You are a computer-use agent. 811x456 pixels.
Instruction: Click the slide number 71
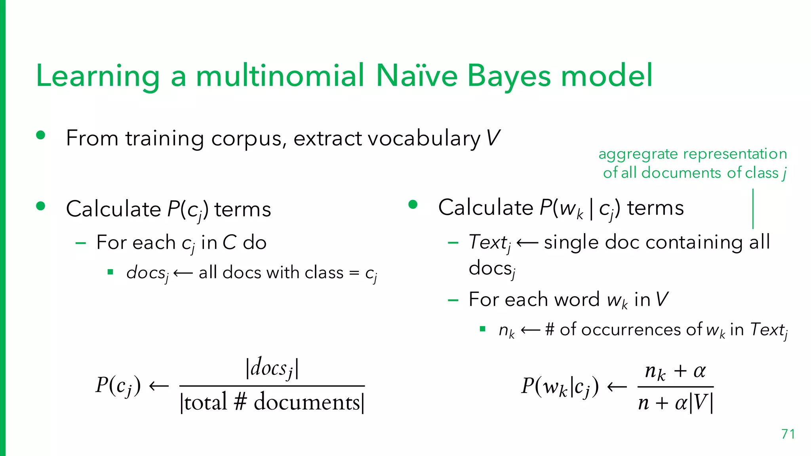pyautogui.click(x=788, y=434)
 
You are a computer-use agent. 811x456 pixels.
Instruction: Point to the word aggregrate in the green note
pyautogui.click(x=638, y=154)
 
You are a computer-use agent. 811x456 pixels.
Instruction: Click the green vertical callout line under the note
pyautogui.click(x=753, y=209)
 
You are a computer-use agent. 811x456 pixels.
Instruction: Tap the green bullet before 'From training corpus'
pyautogui.click(x=40, y=135)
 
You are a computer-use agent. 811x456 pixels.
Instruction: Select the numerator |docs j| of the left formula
pyautogui.click(x=272, y=368)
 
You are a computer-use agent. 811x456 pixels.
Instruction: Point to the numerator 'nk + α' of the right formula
pyautogui.click(x=675, y=371)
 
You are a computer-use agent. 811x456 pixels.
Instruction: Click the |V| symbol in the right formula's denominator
pyautogui.click(x=701, y=403)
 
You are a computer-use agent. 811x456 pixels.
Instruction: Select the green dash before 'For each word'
pyautogui.click(x=453, y=300)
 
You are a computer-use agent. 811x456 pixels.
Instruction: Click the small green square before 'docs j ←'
pyautogui.click(x=110, y=272)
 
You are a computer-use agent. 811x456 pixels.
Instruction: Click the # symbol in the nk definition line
pyautogui.click(x=550, y=329)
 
